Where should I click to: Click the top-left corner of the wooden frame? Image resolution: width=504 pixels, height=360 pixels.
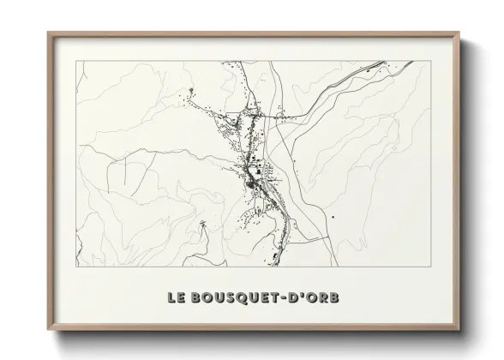pos(47,32)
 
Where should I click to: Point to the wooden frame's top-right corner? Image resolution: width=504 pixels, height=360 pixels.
pos(459,32)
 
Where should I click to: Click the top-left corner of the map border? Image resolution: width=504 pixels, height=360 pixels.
pos(76,61)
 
